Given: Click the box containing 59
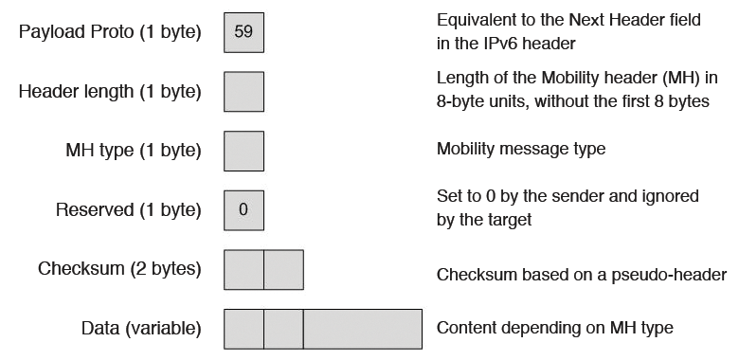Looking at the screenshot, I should [x=243, y=31].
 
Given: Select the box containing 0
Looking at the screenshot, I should [x=243, y=209].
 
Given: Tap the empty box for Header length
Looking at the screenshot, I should [x=243, y=91].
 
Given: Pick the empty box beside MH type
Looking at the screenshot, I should [x=243, y=151].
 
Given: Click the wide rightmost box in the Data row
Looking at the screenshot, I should [x=362, y=329].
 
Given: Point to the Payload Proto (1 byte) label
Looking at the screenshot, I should [x=110, y=32].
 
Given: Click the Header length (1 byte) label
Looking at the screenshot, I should [x=110, y=92].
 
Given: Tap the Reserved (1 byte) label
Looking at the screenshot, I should [x=129, y=210].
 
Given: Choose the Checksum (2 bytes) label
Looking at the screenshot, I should [x=119, y=269].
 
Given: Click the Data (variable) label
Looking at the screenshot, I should [x=140, y=329].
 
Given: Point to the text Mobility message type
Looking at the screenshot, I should [x=520, y=149].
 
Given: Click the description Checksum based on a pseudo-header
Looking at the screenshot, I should [x=581, y=275].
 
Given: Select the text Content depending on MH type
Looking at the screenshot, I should [x=554, y=328].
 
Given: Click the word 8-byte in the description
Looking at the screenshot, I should [x=458, y=100].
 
